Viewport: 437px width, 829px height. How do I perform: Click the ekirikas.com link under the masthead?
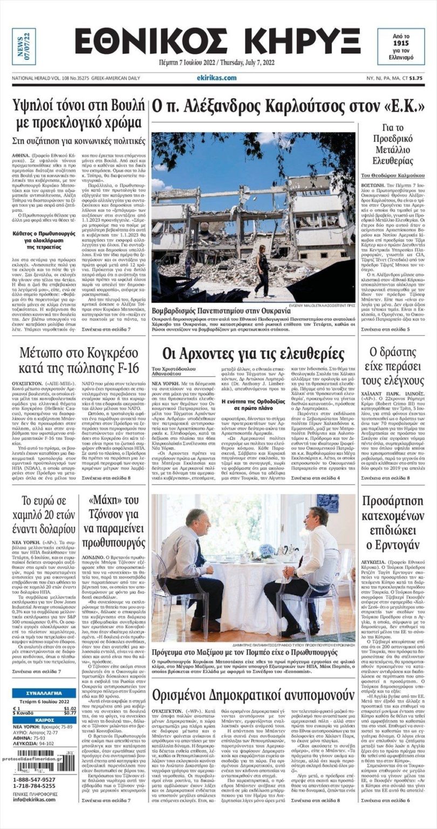[217, 78]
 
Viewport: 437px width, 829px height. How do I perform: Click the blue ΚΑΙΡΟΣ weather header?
[44, 720]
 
